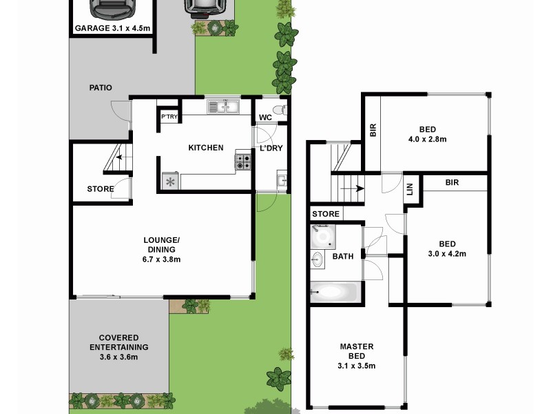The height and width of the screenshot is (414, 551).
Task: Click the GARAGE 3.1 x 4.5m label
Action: click(112, 28)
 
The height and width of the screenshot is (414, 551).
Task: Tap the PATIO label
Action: click(101, 88)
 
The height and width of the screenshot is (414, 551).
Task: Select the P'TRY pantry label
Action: click(169, 117)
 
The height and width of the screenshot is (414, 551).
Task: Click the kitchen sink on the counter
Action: click(223, 107)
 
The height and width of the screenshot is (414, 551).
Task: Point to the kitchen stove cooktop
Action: click(243, 161)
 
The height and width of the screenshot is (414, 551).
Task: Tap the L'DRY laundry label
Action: click(271, 148)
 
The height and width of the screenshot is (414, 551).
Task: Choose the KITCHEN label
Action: click(206, 148)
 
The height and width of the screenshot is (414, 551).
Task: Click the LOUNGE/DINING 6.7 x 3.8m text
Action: click(162, 250)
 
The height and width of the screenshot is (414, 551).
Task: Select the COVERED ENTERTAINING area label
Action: click(118, 347)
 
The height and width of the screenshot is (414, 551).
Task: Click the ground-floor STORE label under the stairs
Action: click(101, 189)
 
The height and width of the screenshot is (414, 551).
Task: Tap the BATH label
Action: click(343, 257)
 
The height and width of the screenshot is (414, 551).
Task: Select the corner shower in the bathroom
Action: click(322, 237)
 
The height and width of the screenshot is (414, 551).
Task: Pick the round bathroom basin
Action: click(318, 260)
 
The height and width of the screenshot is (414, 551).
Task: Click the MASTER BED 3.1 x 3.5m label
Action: click(357, 356)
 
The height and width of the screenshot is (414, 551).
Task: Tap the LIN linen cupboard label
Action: click(409, 188)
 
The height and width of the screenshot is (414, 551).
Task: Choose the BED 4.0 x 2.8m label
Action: click(428, 134)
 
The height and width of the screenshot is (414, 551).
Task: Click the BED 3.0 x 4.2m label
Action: click(448, 248)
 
